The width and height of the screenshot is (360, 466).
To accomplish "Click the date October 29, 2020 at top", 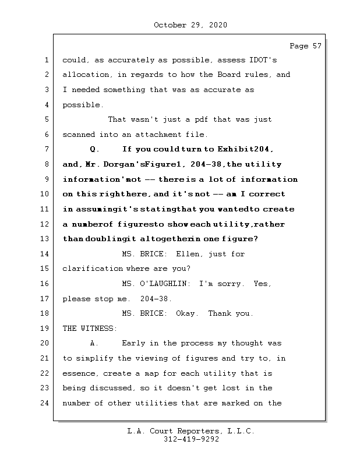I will coord(190,25).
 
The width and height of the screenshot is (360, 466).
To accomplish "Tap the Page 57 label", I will coord(305,46).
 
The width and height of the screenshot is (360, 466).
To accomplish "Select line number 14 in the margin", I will coord(47,254).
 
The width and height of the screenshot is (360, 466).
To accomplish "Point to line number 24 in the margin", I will coord(47,403).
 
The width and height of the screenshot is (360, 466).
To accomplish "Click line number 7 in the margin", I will coord(47,150).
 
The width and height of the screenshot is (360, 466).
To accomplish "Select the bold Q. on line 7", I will coord(96,150).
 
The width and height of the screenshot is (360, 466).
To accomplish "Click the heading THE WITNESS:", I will coord(90,329).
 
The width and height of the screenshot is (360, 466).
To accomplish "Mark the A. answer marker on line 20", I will coord(96,343).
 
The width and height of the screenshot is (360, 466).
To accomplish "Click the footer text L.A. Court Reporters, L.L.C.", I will coord(190,431).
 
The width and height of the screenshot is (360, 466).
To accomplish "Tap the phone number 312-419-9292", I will coord(190,440).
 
